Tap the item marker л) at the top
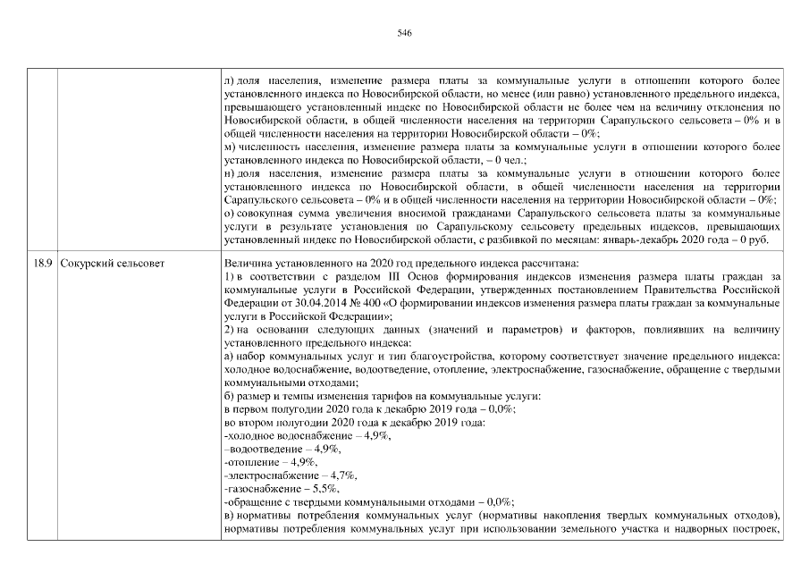(230, 80)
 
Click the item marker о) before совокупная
(230, 213)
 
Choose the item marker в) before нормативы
(229, 516)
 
